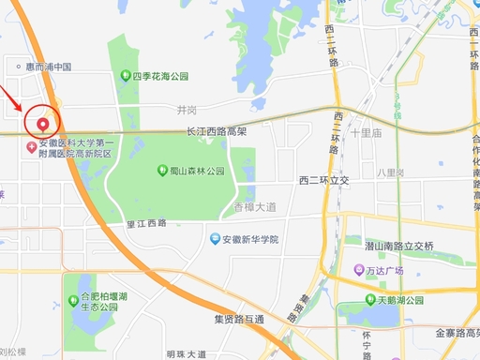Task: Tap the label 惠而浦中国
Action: [50, 67]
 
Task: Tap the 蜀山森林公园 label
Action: [197, 172]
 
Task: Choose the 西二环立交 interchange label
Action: [323, 179]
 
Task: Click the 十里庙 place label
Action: [366, 133]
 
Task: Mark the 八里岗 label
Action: [390, 172]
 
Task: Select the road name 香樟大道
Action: [255, 206]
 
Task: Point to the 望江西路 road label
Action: [145, 222]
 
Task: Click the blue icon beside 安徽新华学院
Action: [215, 239]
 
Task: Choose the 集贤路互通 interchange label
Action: [238, 319]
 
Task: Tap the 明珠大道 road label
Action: [186, 353]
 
